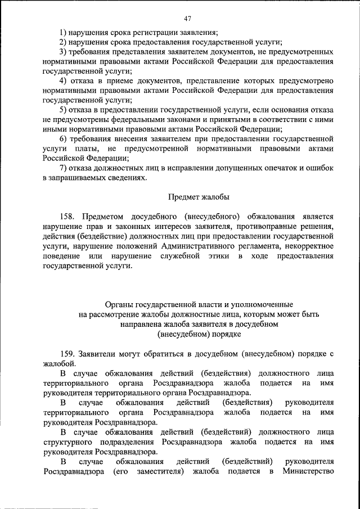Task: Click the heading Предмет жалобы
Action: click(199, 197)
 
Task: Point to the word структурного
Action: click(65, 442)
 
